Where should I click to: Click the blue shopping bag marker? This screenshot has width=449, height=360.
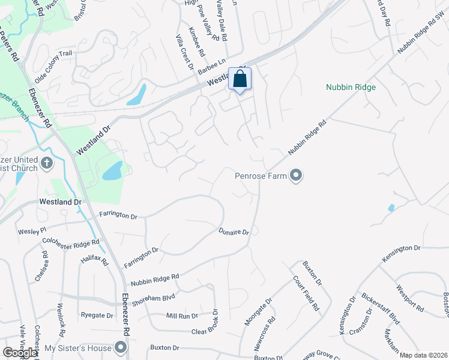(x=240, y=79)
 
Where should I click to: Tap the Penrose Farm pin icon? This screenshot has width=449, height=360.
(x=296, y=176)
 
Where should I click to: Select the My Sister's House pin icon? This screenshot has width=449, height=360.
(x=121, y=348)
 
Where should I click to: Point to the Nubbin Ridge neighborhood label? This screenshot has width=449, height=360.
(x=351, y=88)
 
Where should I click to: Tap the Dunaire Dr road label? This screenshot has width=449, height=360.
(x=234, y=231)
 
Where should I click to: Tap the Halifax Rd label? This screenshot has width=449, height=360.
(x=94, y=262)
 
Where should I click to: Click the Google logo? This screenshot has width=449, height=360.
(x=20, y=353)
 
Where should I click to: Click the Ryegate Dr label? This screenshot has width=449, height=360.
(x=97, y=315)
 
